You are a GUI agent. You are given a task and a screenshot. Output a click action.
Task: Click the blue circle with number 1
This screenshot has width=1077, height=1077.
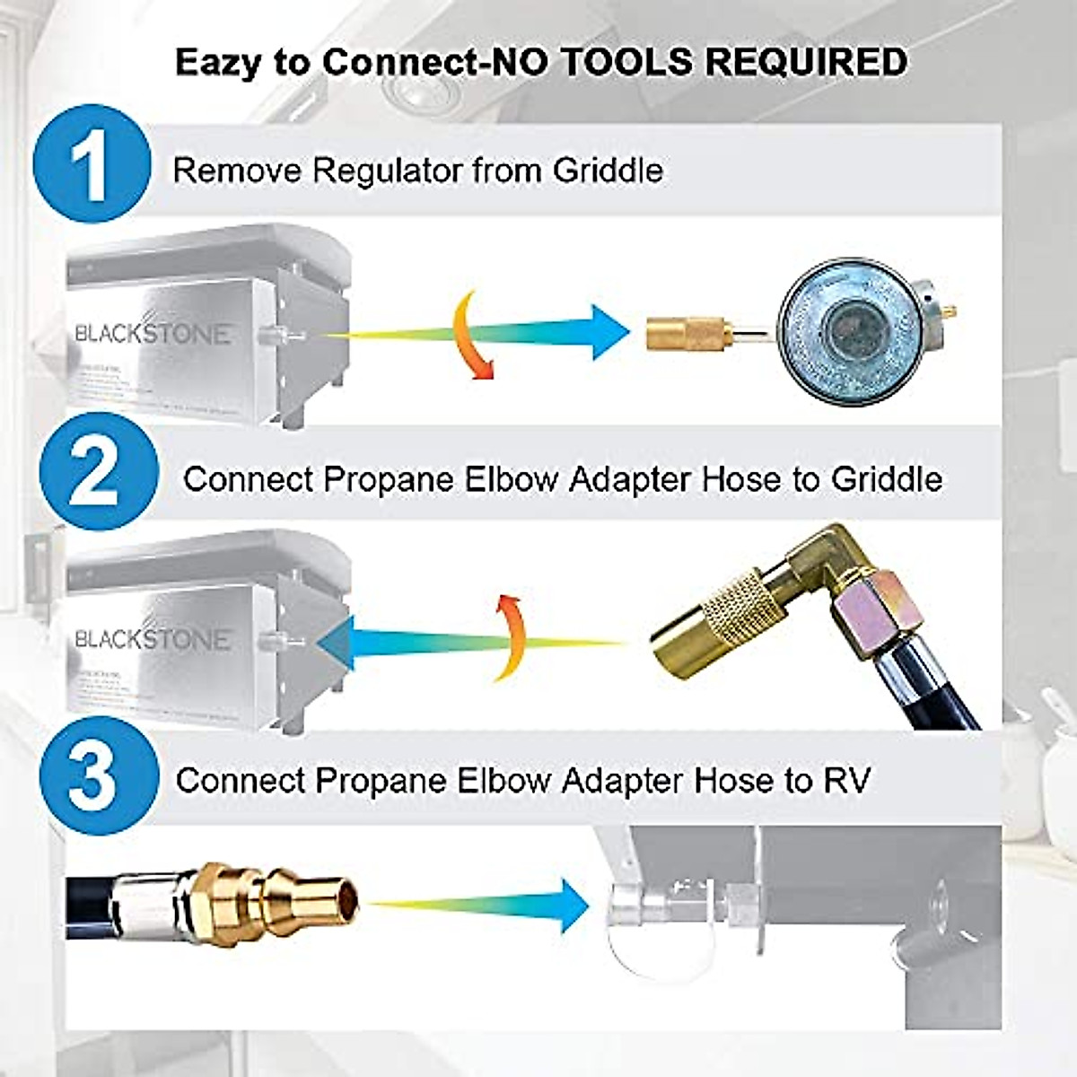pyautogui.click(x=92, y=164)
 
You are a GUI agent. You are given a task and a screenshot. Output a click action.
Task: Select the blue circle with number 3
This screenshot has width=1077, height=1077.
pyautogui.click(x=92, y=776)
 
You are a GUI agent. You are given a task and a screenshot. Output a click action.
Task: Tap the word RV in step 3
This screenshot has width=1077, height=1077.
pyautogui.click(x=846, y=780)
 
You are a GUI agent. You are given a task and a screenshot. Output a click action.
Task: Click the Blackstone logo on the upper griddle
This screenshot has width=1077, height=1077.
pyautogui.click(x=153, y=334)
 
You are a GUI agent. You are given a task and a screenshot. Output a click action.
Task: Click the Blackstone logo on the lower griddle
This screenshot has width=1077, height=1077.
pyautogui.click(x=153, y=639)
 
